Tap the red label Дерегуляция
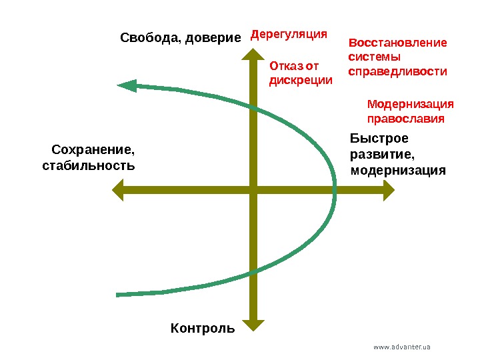click(x=289, y=33)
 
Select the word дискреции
click(x=300, y=80)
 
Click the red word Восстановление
click(x=398, y=43)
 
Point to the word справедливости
click(x=398, y=70)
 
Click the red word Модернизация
click(x=411, y=105)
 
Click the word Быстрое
click(x=379, y=139)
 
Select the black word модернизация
click(x=397, y=170)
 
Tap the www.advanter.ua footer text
click(x=402, y=347)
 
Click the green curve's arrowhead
click(x=127, y=85)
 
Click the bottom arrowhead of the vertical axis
click(x=252, y=325)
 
